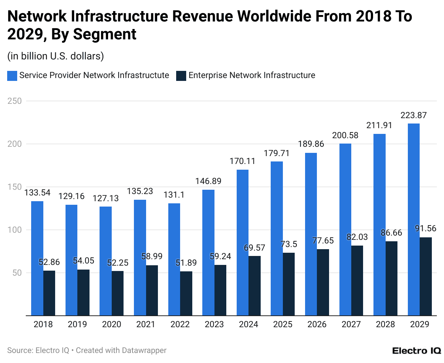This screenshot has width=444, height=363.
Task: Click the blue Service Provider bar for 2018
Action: click(37, 258)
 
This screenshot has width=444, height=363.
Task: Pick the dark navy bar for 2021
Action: click(152, 290)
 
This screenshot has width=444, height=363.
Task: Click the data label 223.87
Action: click(414, 115)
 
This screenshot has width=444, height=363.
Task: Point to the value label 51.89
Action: click(186, 263)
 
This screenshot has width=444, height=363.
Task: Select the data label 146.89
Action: click(208, 181)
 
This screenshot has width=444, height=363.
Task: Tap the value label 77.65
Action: click(323, 241)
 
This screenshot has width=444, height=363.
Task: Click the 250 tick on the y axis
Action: click(15, 101)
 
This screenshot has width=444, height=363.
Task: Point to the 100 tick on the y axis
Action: click(15, 230)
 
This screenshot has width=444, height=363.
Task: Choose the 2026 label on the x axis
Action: click(317, 324)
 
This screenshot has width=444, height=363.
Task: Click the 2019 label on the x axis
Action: click(77, 324)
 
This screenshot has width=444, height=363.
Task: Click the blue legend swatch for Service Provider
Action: click(12, 76)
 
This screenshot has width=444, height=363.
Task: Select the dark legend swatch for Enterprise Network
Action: click(181, 76)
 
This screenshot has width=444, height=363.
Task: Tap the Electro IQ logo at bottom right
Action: click(416, 350)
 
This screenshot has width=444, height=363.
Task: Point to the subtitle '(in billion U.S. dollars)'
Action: click(56, 56)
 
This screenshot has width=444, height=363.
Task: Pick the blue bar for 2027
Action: click(345, 229)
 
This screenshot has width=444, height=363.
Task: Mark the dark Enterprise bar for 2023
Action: click(220, 290)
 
